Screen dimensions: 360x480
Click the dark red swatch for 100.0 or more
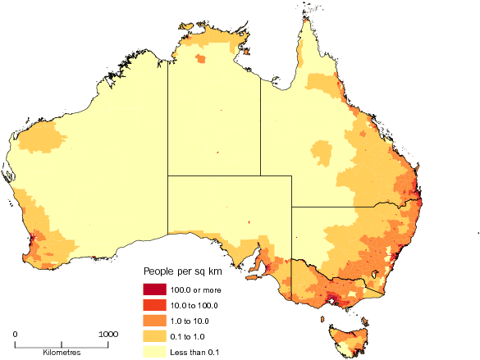click(x=153, y=289)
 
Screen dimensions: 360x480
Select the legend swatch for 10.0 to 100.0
click(x=153, y=304)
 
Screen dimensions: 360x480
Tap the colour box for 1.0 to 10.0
click(x=153, y=320)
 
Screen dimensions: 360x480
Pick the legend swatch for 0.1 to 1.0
click(x=153, y=335)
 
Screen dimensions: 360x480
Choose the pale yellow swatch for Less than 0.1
click(x=153, y=351)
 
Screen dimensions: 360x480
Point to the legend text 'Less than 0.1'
click(x=195, y=352)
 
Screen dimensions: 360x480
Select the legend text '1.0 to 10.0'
click(x=192, y=321)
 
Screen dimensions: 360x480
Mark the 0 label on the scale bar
click(x=16, y=334)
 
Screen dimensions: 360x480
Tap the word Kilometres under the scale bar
click(x=62, y=351)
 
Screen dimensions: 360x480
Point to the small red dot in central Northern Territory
click(x=217, y=153)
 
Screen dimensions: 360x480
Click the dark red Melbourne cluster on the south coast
click(x=331, y=300)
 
